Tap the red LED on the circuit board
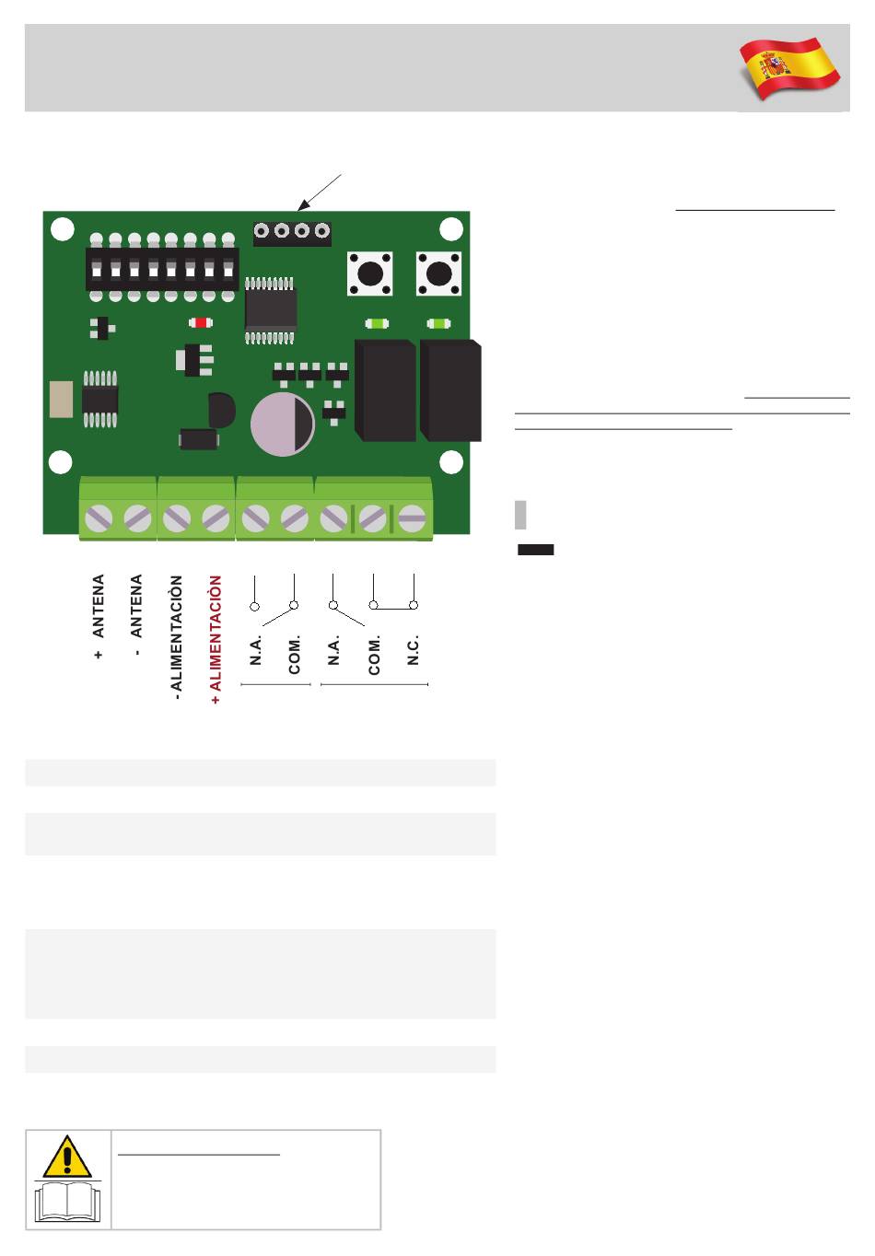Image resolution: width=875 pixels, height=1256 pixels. click(200, 322)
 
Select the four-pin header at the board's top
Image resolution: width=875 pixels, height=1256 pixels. click(292, 233)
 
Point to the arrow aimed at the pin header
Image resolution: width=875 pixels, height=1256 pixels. click(320, 192)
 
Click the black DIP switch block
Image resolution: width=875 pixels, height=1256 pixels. click(162, 269)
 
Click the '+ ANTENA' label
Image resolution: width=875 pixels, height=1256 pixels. click(99, 615)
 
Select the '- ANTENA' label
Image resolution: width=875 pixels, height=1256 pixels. click(136, 614)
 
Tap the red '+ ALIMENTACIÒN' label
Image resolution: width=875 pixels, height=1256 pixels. click(216, 639)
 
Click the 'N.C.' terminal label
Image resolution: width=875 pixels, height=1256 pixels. click(413, 650)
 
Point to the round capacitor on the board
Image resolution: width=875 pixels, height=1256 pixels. click(282, 424)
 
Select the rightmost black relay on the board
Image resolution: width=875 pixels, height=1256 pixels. click(450, 390)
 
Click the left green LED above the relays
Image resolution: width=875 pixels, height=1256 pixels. click(377, 323)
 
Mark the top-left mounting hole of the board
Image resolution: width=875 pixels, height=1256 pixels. click(63, 228)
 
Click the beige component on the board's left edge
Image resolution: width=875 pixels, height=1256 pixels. click(61, 400)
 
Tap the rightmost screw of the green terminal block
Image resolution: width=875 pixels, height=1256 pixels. click(412, 518)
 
